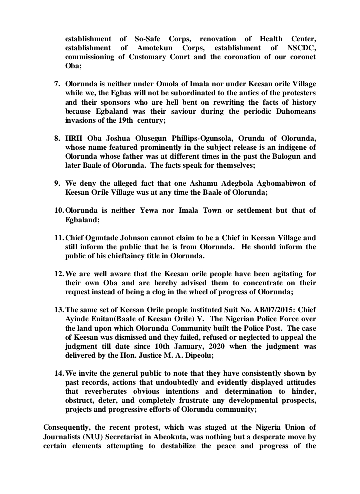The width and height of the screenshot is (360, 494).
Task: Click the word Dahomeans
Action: pos(290,111)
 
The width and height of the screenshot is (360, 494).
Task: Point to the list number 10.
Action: pos(59,210)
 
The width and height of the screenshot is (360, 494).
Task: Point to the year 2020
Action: pos(214,346)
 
